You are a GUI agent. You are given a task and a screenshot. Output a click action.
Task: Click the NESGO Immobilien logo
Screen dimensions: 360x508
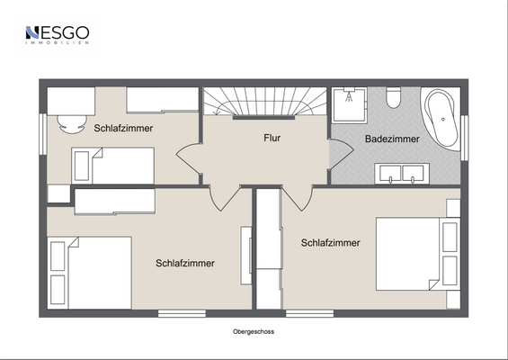(x=57, y=35)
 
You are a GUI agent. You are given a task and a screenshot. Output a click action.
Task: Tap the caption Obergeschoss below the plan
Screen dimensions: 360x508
(x=254, y=331)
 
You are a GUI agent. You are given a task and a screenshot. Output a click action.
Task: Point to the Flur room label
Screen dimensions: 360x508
(x=272, y=139)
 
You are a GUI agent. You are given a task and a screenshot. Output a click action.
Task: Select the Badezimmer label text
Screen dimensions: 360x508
(x=391, y=139)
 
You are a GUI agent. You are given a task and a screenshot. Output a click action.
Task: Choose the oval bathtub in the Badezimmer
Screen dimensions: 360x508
(x=443, y=118)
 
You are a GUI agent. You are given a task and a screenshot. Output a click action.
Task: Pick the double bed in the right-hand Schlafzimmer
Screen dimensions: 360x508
(x=410, y=255)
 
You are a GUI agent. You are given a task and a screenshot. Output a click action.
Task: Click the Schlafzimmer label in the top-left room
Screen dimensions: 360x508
(x=123, y=128)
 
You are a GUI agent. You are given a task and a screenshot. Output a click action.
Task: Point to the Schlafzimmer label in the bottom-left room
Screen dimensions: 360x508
(x=184, y=264)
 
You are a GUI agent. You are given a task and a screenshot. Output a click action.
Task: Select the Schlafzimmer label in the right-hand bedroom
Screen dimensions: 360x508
(x=331, y=243)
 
